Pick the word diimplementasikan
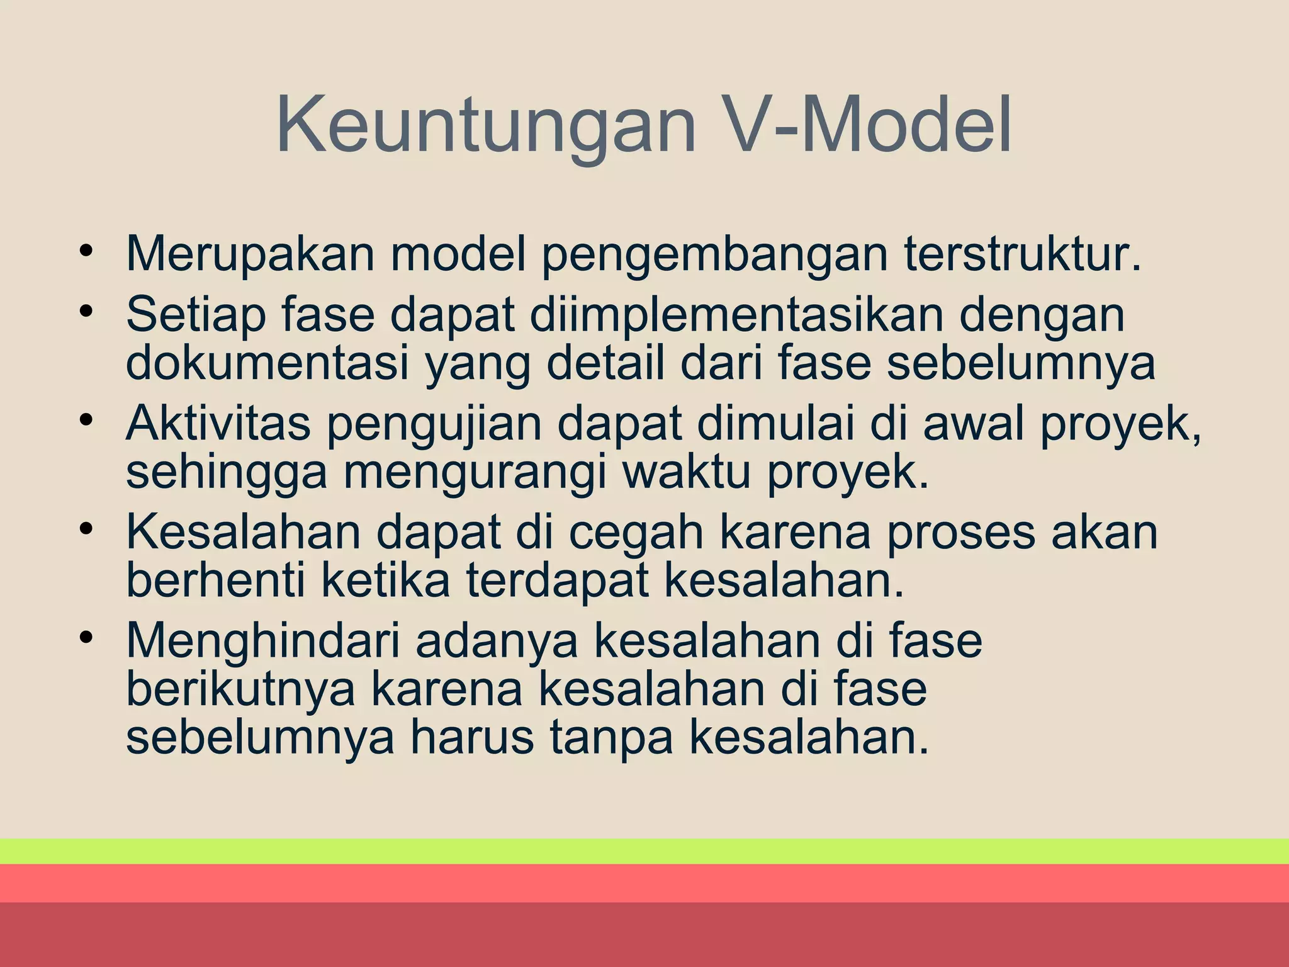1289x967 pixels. [736, 315]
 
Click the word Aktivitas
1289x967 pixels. [218, 424]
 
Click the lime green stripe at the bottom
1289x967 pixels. [644, 851]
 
